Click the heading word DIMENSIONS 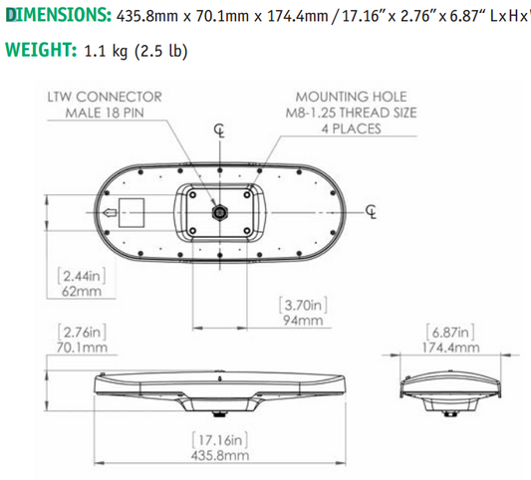pyautogui.click(x=55, y=16)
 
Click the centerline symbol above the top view pyautogui.click(x=219, y=131)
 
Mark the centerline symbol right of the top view pyautogui.click(x=372, y=211)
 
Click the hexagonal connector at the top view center pyautogui.click(x=219, y=211)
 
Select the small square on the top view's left pyautogui.click(x=130, y=211)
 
